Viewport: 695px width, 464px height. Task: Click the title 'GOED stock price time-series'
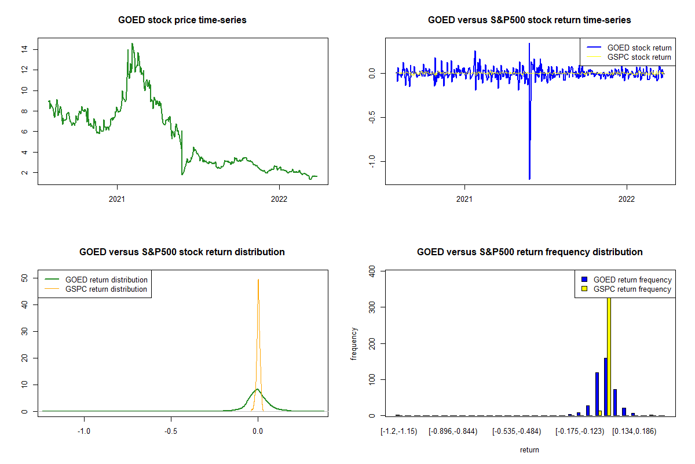[182, 20]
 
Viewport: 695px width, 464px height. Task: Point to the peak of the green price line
[132, 43]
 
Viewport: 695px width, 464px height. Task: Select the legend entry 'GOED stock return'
[639, 48]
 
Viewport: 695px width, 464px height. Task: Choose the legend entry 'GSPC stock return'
[639, 57]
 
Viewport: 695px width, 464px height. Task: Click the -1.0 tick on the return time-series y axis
[372, 160]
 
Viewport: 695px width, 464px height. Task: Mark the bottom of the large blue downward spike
[529, 179]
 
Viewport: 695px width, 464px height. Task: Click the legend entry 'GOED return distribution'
[106, 280]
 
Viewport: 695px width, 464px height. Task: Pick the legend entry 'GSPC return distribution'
[106, 289]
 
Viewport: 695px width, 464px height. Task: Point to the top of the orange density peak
[258, 280]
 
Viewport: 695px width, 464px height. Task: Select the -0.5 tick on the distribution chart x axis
[171, 431]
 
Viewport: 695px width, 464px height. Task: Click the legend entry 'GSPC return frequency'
[632, 289]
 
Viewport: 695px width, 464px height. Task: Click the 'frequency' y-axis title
[354, 343]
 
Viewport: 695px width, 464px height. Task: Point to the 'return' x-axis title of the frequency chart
[529, 449]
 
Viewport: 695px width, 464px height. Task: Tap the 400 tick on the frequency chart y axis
[372, 271]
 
